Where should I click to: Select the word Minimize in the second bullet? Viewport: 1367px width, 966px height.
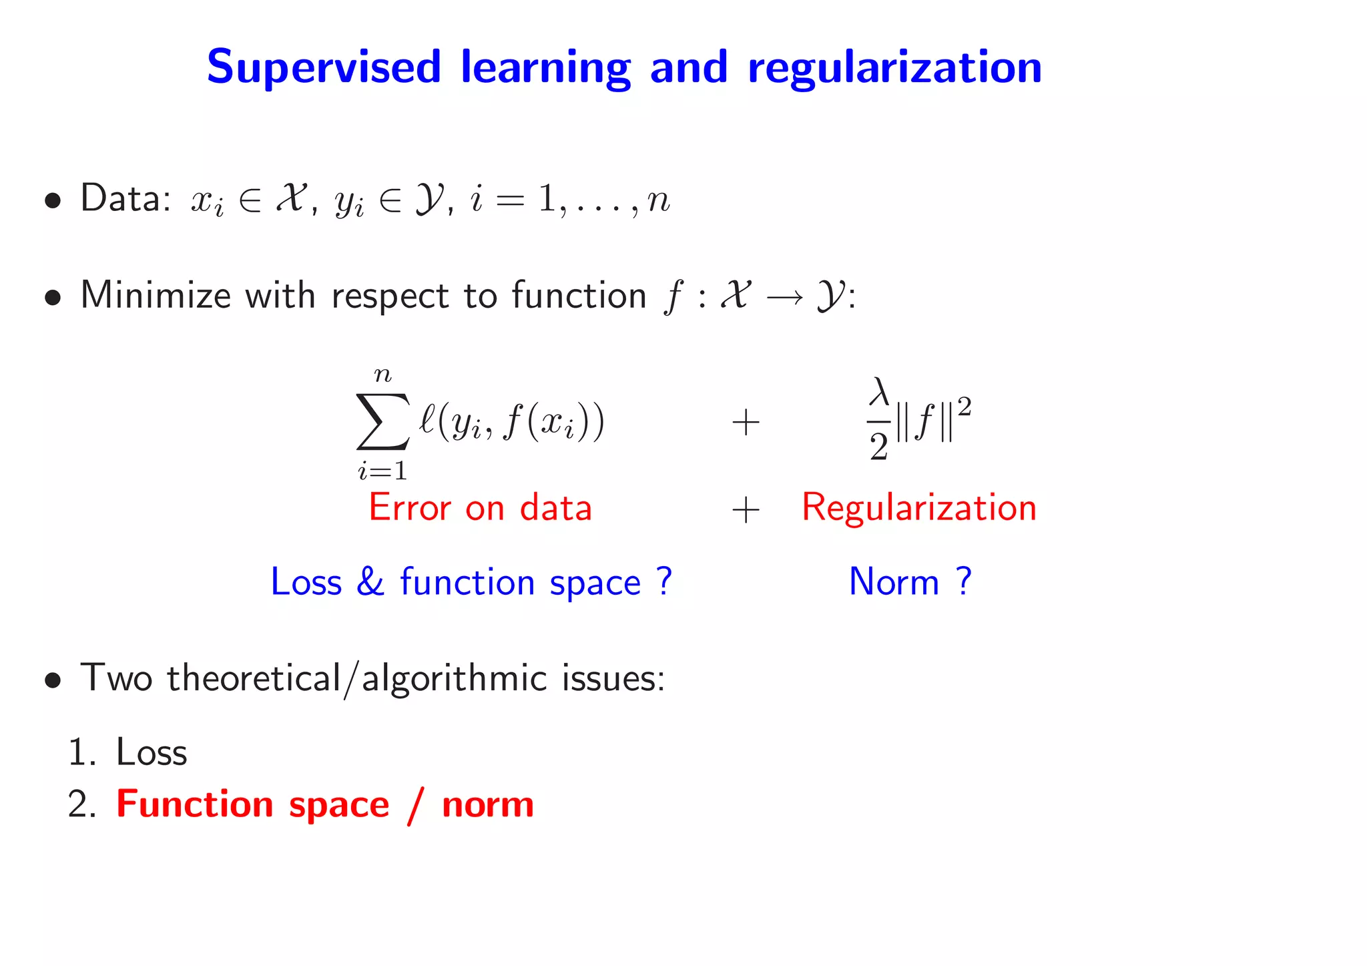[x=155, y=296]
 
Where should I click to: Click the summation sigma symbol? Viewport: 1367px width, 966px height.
[x=382, y=422]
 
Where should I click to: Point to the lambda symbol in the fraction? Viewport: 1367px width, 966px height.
[x=879, y=393]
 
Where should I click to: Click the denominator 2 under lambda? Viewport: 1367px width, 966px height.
[x=879, y=447]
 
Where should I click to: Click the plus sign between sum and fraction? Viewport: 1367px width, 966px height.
[x=746, y=423]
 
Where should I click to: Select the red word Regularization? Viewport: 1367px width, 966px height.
[x=918, y=507]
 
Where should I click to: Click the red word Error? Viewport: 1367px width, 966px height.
[x=410, y=507]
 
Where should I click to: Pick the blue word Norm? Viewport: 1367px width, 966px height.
[x=894, y=582]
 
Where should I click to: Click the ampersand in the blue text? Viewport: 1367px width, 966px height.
[x=370, y=582]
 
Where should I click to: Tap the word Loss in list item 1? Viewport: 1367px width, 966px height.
[x=152, y=752]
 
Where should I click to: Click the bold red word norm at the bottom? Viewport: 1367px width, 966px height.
[x=487, y=804]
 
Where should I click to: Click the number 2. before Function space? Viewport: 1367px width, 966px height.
[x=82, y=804]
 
